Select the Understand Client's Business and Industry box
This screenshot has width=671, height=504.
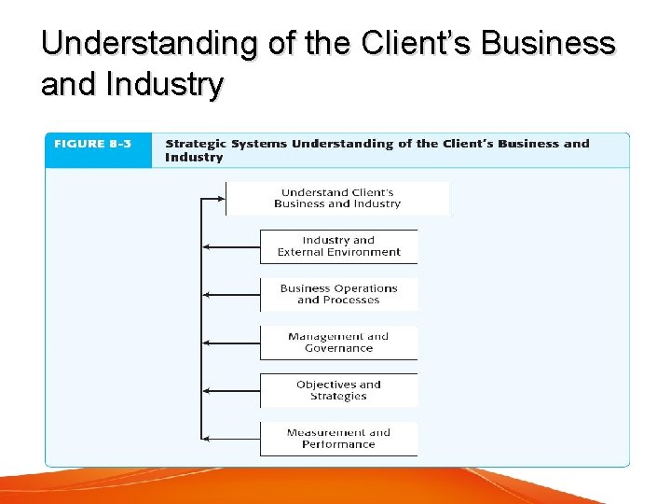[337, 199]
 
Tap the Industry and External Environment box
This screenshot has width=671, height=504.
[338, 246]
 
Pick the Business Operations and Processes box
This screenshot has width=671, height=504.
[338, 294]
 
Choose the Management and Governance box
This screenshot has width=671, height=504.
[338, 343]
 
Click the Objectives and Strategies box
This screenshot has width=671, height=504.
[338, 390]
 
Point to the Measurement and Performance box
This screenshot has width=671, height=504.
[338, 439]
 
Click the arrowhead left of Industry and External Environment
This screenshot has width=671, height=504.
[207, 246]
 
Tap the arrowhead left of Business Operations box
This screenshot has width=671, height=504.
[207, 294]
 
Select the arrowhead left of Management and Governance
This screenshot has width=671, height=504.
[207, 343]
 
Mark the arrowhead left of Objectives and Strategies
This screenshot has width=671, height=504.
[207, 390]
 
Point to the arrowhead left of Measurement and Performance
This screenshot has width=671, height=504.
[207, 439]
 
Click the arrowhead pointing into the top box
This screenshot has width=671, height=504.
[222, 198]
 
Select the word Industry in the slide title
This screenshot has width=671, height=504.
[165, 85]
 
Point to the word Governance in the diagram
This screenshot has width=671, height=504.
[338, 348]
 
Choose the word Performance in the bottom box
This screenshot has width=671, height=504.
[338, 444]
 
